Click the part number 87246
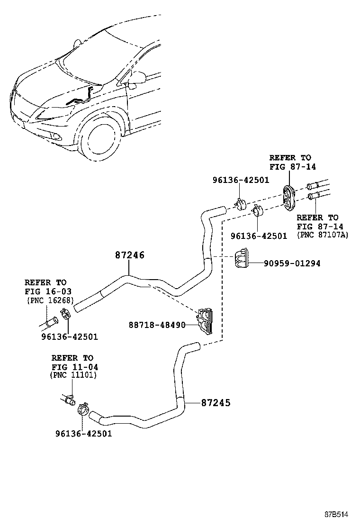coord(129,255)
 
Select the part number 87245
coord(216,403)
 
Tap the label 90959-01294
coord(285,263)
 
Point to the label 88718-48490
coord(157,325)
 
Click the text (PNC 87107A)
coord(322,235)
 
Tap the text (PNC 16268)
coord(50,300)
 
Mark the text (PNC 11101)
coord(73,375)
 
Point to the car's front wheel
coord(100,140)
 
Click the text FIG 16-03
coord(45,291)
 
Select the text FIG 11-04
coord(72,366)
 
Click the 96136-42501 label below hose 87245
coord(83,434)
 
